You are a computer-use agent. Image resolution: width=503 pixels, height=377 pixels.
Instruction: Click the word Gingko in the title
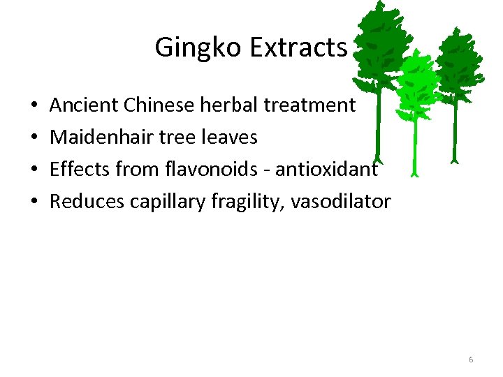[x=198, y=48]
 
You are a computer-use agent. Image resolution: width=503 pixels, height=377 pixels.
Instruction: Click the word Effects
[x=78, y=170]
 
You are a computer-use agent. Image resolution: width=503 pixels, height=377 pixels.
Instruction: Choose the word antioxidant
[x=332, y=170]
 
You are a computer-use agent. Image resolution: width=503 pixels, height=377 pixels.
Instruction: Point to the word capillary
[x=160, y=202]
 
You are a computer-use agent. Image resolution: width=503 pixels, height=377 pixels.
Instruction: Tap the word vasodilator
[x=342, y=202]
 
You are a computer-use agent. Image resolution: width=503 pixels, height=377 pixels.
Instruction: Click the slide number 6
[x=471, y=360]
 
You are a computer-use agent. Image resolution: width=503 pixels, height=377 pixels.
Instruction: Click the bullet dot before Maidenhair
[x=34, y=138]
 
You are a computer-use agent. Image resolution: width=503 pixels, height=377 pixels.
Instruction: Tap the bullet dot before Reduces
[x=34, y=202]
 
